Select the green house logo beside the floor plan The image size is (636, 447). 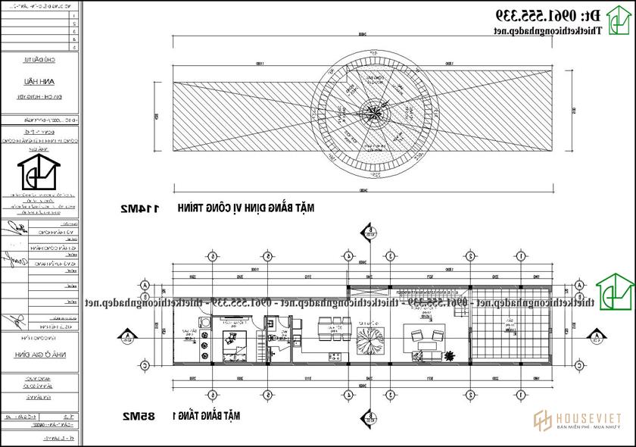tap(615, 292)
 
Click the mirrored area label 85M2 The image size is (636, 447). tap(138, 416)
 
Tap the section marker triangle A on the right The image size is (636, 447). tap(597, 335)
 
